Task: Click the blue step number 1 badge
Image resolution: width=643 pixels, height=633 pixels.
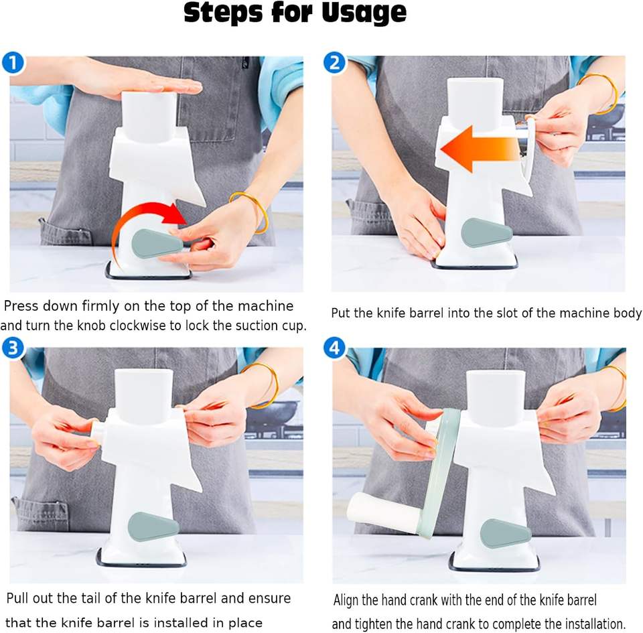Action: (x=13, y=63)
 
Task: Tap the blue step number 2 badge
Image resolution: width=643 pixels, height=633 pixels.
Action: (x=335, y=63)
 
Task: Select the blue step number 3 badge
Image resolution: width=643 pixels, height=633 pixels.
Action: (x=13, y=348)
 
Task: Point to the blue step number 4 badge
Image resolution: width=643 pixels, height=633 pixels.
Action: (x=335, y=348)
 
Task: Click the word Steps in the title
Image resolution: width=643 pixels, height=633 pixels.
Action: (x=222, y=13)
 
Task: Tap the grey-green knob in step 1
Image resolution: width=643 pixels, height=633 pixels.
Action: (x=157, y=244)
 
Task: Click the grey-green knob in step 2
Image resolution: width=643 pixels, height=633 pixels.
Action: (x=486, y=233)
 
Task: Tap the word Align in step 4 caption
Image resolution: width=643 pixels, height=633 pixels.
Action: (x=346, y=600)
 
